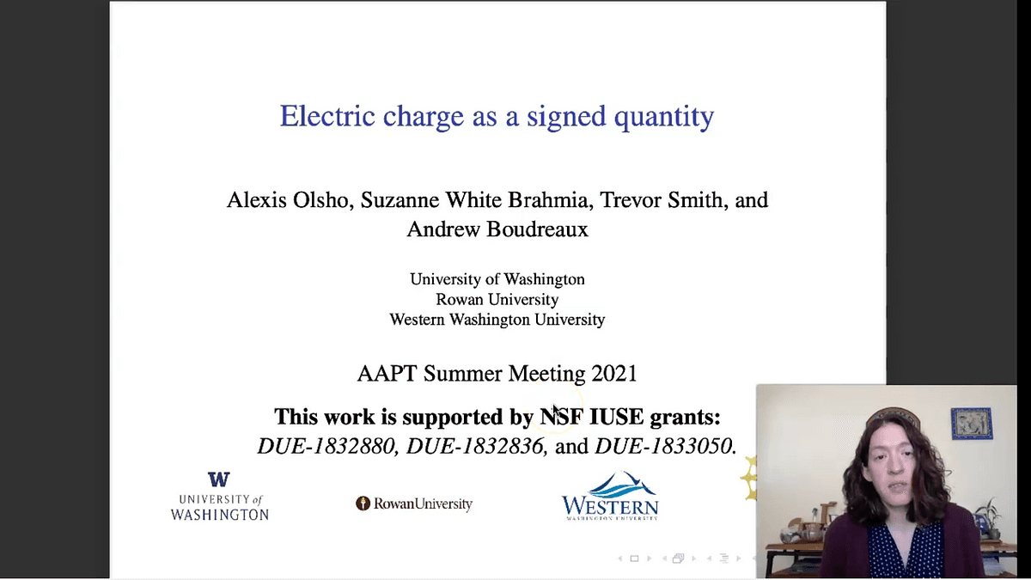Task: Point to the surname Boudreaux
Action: coord(537,229)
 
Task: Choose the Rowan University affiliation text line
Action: coord(497,299)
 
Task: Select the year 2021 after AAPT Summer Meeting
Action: coord(614,373)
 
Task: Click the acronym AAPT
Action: coord(387,373)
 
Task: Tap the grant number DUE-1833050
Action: coord(663,446)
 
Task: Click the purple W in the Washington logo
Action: coord(218,479)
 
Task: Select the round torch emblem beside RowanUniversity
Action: coord(363,504)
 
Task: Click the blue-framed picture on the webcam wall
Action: coord(972,423)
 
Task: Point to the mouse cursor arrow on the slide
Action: coord(557,412)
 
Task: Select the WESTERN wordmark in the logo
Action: coord(610,506)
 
